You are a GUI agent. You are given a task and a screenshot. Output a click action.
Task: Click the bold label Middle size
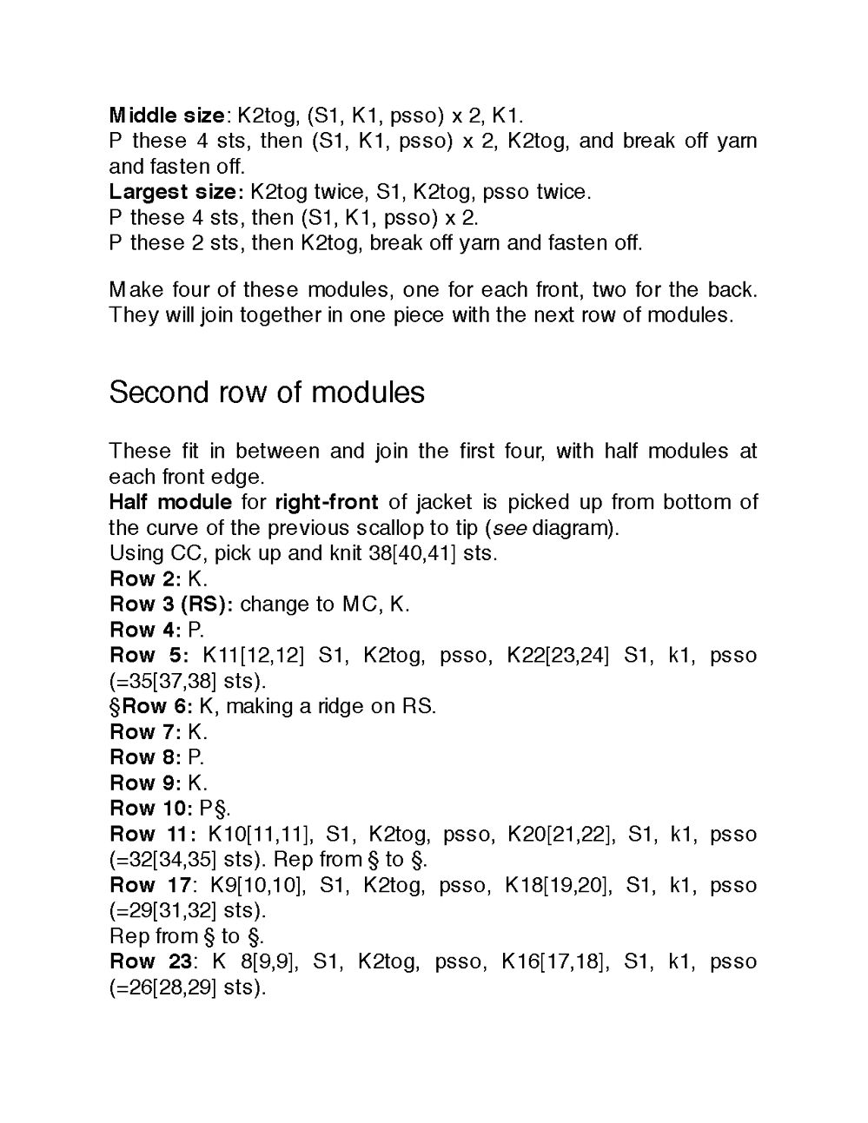(x=167, y=116)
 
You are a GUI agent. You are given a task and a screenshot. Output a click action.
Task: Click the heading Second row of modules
(x=267, y=393)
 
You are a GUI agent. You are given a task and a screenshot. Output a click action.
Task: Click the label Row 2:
(x=145, y=579)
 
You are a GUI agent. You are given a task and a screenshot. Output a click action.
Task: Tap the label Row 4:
(x=145, y=630)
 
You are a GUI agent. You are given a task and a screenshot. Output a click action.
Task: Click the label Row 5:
(x=149, y=655)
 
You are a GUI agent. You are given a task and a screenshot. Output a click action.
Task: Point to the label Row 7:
(x=145, y=732)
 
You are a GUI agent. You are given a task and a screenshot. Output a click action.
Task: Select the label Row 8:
(x=145, y=757)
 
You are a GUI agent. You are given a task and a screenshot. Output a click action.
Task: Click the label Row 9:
(x=145, y=783)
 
